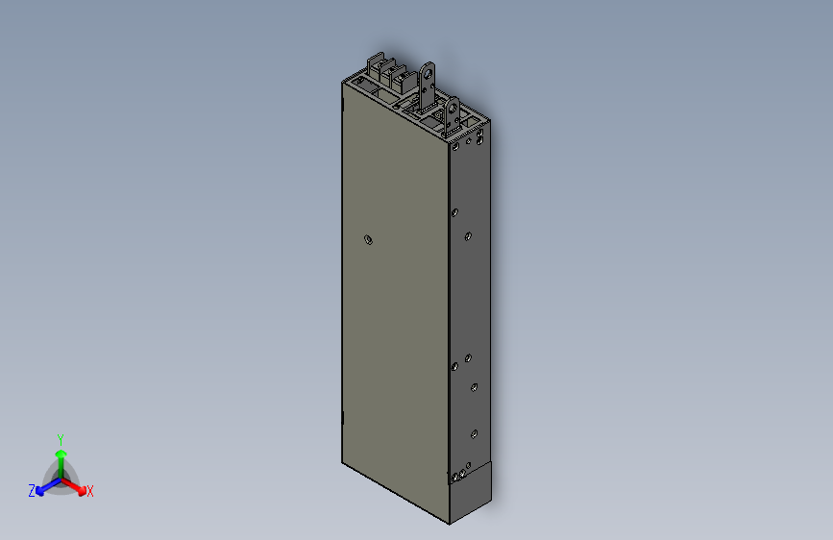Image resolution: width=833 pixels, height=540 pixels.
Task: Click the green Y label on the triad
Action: [x=60, y=438]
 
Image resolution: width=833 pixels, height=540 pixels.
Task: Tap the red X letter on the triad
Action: [x=90, y=491]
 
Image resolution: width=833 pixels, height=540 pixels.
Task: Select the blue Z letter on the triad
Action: [x=32, y=490]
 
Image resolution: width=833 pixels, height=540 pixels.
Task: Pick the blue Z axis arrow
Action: [x=43, y=489]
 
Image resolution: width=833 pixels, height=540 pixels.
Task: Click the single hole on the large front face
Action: [x=368, y=238]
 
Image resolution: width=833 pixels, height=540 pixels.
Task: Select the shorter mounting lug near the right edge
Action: [x=450, y=113]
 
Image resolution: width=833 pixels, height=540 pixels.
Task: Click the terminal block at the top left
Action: [x=383, y=71]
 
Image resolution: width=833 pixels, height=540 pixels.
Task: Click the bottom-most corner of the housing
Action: [x=450, y=525]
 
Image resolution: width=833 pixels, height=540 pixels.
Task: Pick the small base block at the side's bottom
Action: [x=471, y=494]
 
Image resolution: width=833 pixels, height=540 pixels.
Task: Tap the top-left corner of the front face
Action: [x=343, y=83]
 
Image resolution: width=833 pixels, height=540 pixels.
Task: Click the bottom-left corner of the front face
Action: [x=343, y=462]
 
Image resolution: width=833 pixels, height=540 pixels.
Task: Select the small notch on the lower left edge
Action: [x=343, y=419]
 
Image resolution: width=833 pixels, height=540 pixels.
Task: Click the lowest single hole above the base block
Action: [x=474, y=433]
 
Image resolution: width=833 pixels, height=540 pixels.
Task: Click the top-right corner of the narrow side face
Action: [x=492, y=122]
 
